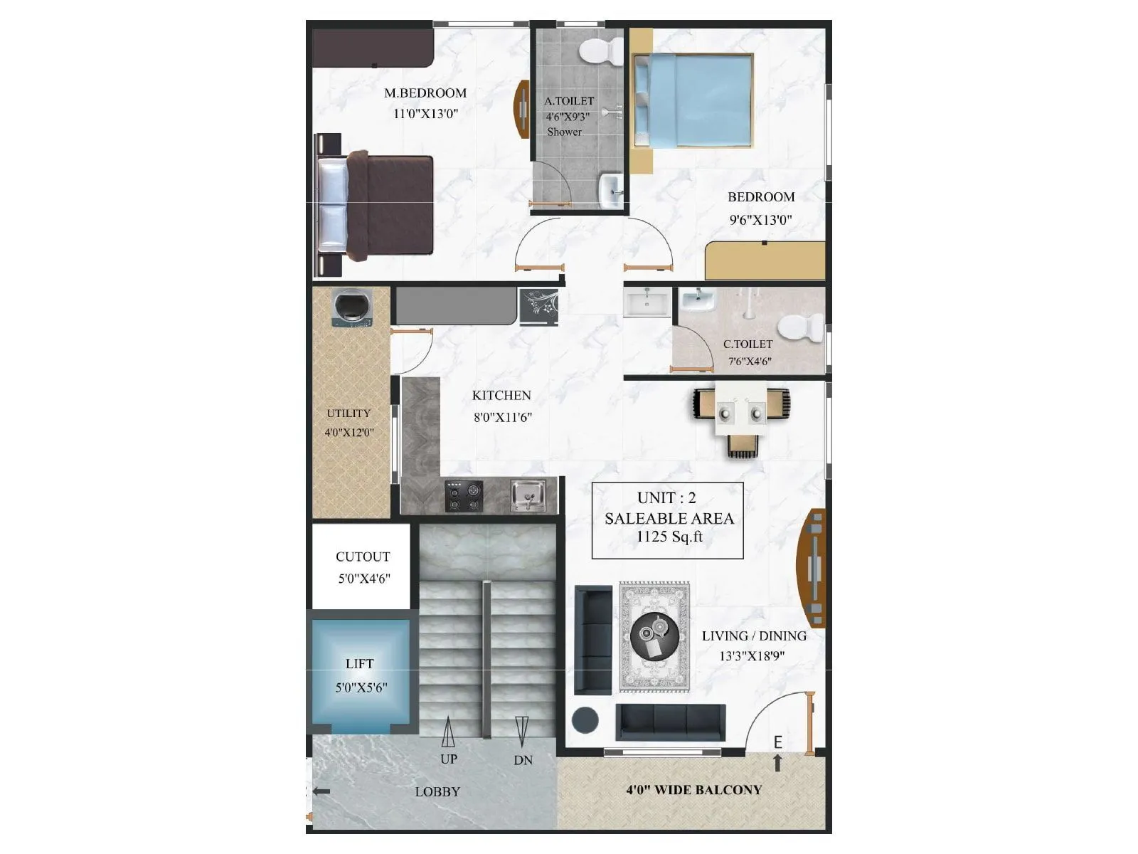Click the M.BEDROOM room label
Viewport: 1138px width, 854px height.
[425, 93]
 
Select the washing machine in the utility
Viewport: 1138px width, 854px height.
[351, 307]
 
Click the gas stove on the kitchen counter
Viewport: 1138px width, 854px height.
[464, 495]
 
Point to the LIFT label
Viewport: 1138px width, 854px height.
[360, 664]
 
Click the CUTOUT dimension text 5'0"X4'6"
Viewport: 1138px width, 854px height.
[363, 579]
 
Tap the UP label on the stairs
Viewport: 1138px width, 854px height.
[448, 759]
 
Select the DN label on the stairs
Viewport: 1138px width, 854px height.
[523, 761]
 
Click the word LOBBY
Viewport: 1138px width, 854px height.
[437, 791]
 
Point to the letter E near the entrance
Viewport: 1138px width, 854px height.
[778, 743]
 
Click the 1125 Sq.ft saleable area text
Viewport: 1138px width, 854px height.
[669, 537]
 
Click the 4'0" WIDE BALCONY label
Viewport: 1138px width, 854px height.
[693, 790]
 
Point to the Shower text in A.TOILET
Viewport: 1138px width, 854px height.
[565, 132]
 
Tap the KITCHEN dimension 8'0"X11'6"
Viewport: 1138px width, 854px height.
[503, 418]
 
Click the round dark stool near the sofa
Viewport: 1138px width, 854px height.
[587, 720]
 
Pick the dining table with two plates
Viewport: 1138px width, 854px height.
[740, 412]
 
